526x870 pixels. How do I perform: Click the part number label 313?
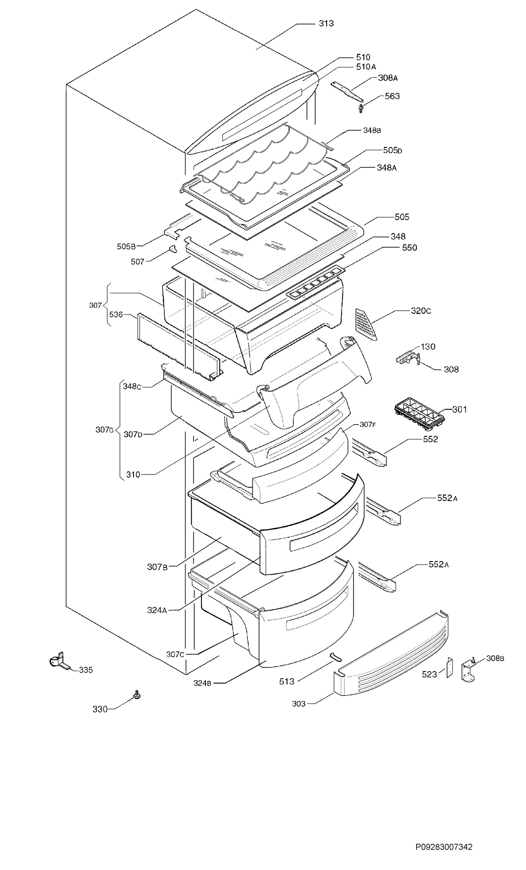pyautogui.click(x=326, y=24)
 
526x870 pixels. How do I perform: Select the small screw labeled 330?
pyautogui.click(x=137, y=694)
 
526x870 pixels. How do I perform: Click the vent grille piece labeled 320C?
pyautogui.click(x=366, y=324)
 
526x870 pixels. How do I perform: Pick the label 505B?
pyautogui.click(x=126, y=246)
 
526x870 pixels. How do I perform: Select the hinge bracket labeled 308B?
pyautogui.click(x=468, y=671)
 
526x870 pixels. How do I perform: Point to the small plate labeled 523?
pyautogui.click(x=450, y=667)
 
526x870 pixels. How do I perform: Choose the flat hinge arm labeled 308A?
pyautogui.click(x=347, y=92)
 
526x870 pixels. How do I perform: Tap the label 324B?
pyautogui.click(x=203, y=683)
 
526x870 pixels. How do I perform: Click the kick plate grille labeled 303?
pyautogui.click(x=391, y=654)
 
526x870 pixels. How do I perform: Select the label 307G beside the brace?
pyautogui.click(x=105, y=430)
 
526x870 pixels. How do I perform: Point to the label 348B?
pyautogui.click(x=372, y=131)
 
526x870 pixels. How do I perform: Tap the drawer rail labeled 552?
pyautogui.click(x=368, y=452)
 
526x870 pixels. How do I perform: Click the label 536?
pyautogui.click(x=116, y=315)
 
